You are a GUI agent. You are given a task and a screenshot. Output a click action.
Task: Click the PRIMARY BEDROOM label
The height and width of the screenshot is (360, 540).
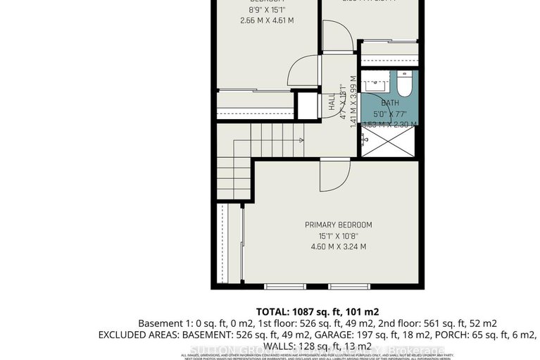[338, 225]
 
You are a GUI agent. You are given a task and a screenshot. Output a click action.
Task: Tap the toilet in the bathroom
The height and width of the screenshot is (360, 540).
[404, 85]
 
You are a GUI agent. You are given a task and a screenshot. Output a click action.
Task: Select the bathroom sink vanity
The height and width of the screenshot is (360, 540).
[373, 85]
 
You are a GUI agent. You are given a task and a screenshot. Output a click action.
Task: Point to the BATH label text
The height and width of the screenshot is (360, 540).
[390, 103]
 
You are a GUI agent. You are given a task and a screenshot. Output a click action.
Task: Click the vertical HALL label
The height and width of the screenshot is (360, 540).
[332, 103]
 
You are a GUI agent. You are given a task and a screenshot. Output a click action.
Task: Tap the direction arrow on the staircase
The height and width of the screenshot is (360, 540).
[300, 140]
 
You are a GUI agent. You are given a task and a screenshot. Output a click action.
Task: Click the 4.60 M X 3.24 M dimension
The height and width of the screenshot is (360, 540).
[338, 247]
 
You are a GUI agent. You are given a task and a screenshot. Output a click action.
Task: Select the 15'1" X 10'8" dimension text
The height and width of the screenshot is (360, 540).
[338, 236]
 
